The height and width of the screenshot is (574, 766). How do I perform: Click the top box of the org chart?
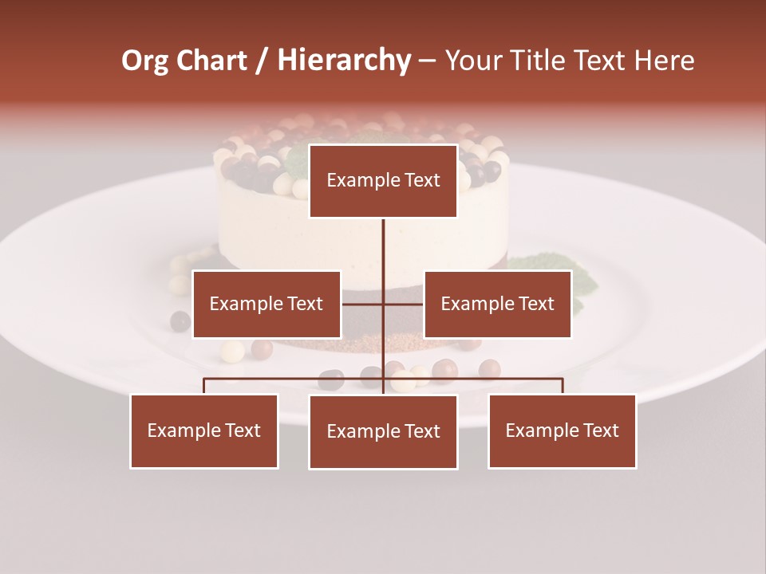(383, 181)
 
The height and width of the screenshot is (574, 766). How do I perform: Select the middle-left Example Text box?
(267, 304)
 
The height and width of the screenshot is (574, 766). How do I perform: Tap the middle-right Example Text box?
(497, 304)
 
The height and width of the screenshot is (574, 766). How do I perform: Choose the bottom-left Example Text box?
(204, 431)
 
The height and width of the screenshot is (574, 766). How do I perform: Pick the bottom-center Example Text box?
(383, 431)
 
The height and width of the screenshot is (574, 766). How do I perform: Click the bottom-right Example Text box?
(563, 431)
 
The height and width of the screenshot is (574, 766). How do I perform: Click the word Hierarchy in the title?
(344, 61)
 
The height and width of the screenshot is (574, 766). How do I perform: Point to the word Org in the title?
(144, 61)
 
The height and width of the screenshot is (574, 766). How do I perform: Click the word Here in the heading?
(664, 61)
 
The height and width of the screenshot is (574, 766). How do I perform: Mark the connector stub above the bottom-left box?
(204, 386)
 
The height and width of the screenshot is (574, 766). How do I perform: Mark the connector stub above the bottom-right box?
(563, 386)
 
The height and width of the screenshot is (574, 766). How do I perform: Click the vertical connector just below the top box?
(383, 239)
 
